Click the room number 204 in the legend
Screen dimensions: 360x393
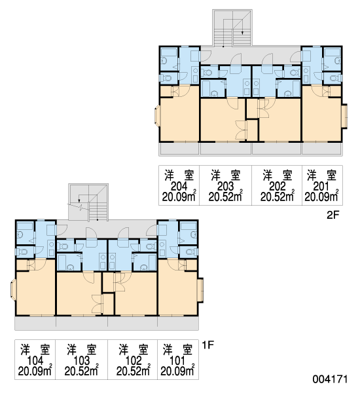(179, 186)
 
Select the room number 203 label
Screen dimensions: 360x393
(225, 186)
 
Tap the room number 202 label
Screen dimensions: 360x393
(278, 186)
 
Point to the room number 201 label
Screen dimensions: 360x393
(321, 186)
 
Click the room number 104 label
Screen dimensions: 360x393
(35, 361)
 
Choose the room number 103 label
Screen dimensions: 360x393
(81, 361)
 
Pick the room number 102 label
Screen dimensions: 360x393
(134, 361)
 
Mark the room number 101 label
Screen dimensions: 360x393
(177, 361)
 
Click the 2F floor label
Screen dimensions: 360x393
(333, 215)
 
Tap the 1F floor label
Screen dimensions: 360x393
(208, 345)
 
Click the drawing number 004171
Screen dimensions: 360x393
(330, 379)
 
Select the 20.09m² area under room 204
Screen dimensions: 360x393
(179, 196)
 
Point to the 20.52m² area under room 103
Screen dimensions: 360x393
(81, 371)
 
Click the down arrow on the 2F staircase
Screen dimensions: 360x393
(242, 32)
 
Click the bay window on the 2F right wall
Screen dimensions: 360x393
(345, 117)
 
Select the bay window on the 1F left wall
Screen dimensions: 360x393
(13, 290)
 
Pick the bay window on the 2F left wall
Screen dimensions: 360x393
(157, 116)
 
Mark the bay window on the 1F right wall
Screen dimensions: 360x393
(201, 290)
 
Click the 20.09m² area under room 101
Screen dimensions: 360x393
(177, 371)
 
